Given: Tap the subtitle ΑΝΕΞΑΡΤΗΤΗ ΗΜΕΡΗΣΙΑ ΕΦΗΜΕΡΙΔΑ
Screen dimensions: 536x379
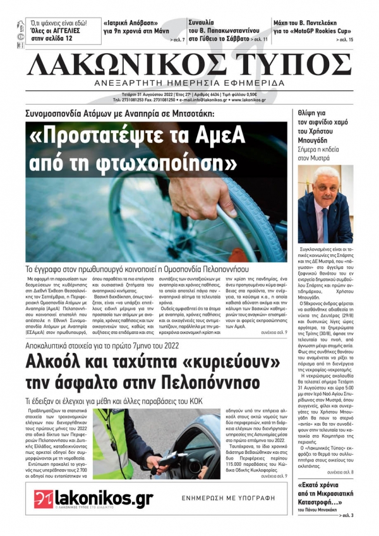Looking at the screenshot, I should (x=189, y=84).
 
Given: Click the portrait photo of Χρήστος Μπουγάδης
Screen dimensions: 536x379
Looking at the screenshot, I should (x=325, y=205).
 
